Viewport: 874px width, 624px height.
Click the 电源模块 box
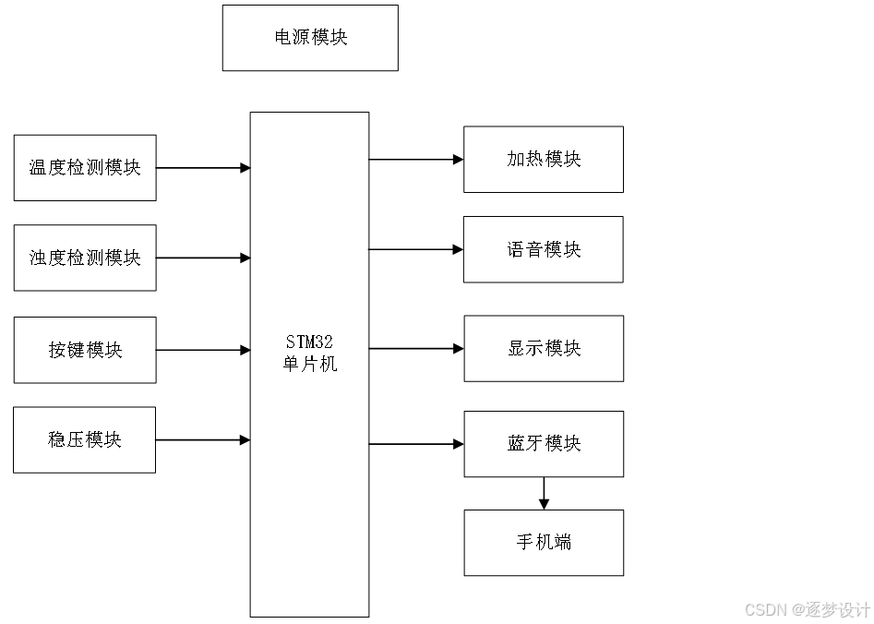(310, 38)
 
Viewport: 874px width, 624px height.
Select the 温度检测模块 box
(85, 168)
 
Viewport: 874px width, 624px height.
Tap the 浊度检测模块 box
(85, 258)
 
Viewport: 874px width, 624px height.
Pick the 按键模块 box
(85, 350)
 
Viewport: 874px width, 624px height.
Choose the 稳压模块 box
(85, 439)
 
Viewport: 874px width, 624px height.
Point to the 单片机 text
(309, 365)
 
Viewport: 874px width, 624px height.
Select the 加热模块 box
(544, 159)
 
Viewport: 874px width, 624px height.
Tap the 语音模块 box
(544, 249)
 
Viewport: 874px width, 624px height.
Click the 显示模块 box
(544, 348)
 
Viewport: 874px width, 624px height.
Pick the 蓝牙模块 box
(544, 444)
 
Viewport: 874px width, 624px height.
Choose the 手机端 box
(544, 542)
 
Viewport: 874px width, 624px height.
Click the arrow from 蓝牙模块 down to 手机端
(544, 494)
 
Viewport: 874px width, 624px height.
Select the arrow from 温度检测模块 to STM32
(203, 168)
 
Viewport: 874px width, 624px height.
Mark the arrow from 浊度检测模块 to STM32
(203, 258)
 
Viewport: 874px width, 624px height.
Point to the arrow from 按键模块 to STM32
(203, 350)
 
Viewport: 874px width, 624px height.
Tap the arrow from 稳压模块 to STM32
(203, 440)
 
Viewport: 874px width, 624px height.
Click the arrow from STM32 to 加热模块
(416, 159)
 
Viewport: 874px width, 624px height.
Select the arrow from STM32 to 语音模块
(416, 249)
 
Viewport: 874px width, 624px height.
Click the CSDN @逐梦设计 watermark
(807, 610)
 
